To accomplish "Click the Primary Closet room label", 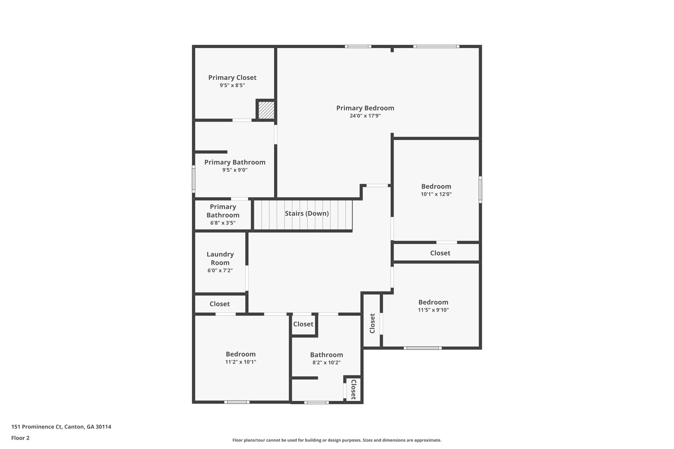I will pyautogui.click(x=232, y=78).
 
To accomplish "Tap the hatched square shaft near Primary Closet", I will pyautogui.click(x=266, y=110).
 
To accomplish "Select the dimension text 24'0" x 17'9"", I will pyautogui.click(x=365, y=116).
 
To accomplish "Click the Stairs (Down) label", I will pyautogui.click(x=307, y=213).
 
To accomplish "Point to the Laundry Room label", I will pyautogui.click(x=220, y=259).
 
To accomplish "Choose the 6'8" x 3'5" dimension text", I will pyautogui.click(x=223, y=223).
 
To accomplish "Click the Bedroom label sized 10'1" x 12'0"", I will pyautogui.click(x=436, y=187).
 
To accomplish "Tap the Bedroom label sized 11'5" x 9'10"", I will pyautogui.click(x=433, y=302).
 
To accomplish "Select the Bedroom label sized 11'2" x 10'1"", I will pyautogui.click(x=241, y=354).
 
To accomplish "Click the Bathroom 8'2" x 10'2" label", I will pyautogui.click(x=326, y=355).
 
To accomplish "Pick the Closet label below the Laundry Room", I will pyautogui.click(x=220, y=304).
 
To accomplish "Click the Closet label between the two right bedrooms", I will pyautogui.click(x=440, y=253).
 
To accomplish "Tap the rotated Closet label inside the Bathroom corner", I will pyautogui.click(x=353, y=389).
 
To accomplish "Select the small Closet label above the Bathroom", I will pyautogui.click(x=303, y=324).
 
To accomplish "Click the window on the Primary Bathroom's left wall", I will pyautogui.click(x=194, y=179).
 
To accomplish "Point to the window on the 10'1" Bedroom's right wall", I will pyautogui.click(x=480, y=189).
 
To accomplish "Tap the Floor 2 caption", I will pyautogui.click(x=20, y=438).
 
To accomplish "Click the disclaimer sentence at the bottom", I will pyautogui.click(x=337, y=440).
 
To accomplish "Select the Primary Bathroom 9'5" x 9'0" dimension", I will pyautogui.click(x=235, y=170).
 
